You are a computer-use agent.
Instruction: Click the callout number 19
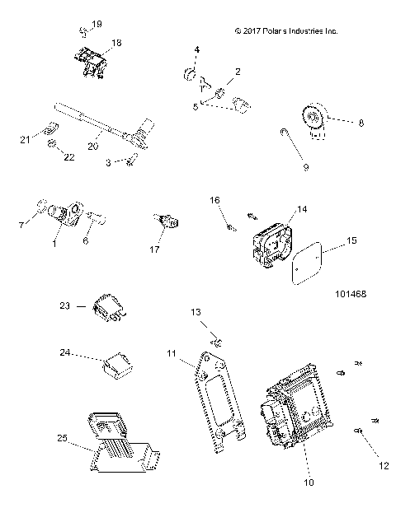[x=97, y=26]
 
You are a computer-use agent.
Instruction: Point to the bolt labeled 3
[x=130, y=161]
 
